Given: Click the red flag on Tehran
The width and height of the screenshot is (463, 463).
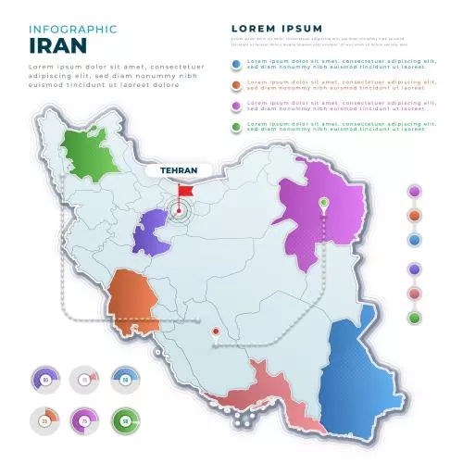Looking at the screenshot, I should click(x=186, y=191).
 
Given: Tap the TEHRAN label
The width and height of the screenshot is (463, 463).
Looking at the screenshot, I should click(x=178, y=170).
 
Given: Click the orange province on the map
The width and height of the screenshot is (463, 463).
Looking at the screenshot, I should click(x=134, y=302).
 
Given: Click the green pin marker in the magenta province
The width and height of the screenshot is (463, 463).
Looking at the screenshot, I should click(x=324, y=203).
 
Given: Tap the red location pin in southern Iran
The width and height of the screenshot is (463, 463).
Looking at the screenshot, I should click(x=215, y=332).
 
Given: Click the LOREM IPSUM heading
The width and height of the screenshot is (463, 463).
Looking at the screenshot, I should click(x=277, y=29).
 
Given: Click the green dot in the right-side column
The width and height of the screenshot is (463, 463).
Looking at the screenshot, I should click(x=414, y=318).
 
